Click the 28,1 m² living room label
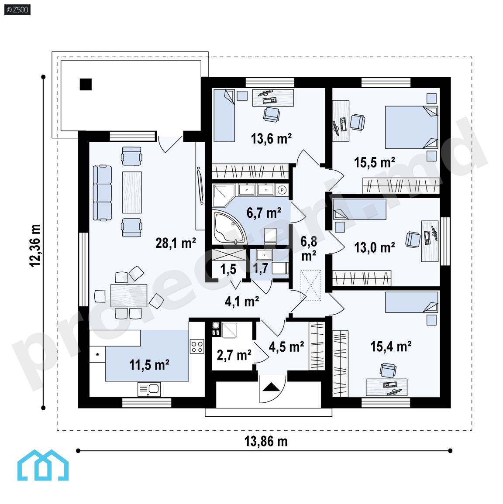176,243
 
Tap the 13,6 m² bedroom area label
271,138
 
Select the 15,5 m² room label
374,162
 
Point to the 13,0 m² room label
374,247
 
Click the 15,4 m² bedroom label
391,346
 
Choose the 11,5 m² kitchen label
149,365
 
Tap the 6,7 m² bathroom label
264,213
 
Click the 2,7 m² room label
234,355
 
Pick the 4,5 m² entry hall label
286,347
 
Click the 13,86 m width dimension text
266,441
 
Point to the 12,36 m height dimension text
35,246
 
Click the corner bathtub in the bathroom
229,228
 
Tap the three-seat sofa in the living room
102,193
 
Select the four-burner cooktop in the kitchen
197,346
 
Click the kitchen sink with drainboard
149,389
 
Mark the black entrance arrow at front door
272,387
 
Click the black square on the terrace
86,85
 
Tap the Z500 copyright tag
17,10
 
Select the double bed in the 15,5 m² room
412,127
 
